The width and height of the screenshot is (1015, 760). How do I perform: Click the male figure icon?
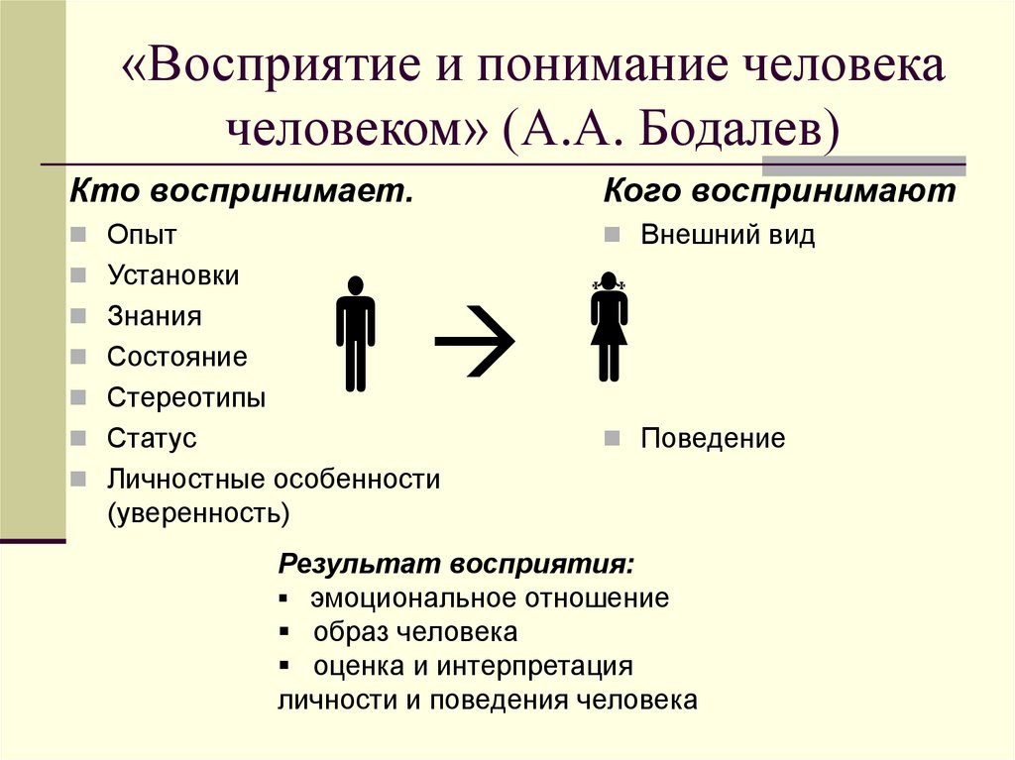point(355,333)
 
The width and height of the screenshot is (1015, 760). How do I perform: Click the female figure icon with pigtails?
point(608,328)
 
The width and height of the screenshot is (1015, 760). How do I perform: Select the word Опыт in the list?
point(142,235)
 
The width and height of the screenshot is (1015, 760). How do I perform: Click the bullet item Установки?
point(173,275)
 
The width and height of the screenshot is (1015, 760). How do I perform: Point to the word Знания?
point(155,316)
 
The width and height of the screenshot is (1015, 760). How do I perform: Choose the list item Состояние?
point(177,357)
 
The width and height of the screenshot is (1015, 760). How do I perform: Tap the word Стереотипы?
point(186,397)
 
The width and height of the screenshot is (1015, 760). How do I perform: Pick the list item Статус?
point(152,438)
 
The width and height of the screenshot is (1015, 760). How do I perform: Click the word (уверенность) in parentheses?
point(199,512)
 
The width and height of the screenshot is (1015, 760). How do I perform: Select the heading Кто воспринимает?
point(241,190)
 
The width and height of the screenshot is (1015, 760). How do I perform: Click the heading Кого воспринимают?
point(780,190)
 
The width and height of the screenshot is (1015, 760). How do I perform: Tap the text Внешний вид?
point(728,235)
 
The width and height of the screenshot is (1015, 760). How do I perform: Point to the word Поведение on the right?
point(713,438)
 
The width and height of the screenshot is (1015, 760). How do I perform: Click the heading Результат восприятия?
point(457,563)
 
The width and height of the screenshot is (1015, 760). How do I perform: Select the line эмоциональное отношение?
point(489,597)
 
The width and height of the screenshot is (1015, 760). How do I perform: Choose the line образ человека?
point(415,631)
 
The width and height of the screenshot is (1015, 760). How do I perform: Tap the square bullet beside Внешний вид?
point(612,236)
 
